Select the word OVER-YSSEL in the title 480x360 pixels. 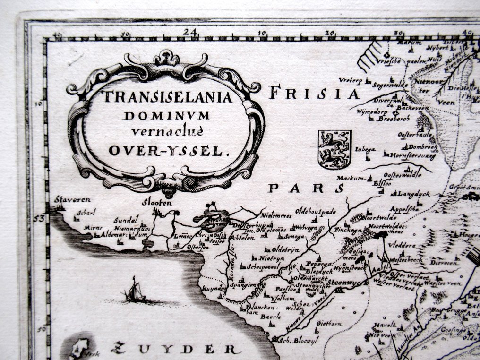(x=168, y=151)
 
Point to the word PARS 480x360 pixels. (x=305, y=189)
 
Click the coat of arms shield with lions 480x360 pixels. (x=334, y=149)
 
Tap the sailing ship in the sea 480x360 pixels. (x=135, y=291)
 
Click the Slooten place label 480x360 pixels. (x=156, y=203)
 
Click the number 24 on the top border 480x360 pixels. (x=191, y=32)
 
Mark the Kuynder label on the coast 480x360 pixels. (x=212, y=288)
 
